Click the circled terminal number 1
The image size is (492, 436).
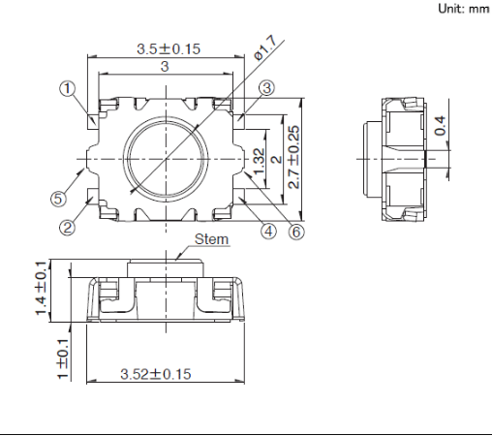coord(67,88)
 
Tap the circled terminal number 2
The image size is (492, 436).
coord(67,228)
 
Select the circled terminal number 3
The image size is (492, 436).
coord(266,88)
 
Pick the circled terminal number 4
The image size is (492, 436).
coord(268,232)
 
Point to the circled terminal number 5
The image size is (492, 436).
coord(58,198)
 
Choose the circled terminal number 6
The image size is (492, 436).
coord(296,232)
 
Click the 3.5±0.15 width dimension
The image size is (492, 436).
coord(169,49)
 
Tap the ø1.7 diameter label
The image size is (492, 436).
coord(265,47)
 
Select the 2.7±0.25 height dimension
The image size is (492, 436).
coord(294,157)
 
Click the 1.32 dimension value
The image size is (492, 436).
coord(260,161)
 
